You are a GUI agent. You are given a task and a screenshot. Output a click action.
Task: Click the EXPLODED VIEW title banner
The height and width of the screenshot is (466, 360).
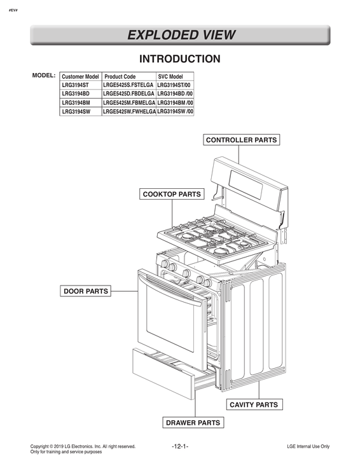[180, 35]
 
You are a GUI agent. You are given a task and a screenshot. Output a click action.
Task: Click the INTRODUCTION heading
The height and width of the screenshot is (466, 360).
[180, 59]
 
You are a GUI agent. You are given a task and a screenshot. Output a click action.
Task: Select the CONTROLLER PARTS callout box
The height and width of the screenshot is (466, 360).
[242, 140]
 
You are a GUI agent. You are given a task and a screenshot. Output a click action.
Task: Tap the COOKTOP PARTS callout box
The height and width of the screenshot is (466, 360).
[172, 194]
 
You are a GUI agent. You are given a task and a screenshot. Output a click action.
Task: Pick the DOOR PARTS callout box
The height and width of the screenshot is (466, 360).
[86, 291]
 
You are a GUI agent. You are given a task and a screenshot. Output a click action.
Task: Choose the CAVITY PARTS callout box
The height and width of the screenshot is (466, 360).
[253, 404]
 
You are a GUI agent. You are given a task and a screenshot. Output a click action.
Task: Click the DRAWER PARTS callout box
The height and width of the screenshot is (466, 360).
[193, 422]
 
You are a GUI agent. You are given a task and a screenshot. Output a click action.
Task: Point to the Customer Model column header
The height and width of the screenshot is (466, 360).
[80, 76]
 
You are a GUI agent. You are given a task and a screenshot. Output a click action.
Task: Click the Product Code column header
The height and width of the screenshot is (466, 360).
[120, 76]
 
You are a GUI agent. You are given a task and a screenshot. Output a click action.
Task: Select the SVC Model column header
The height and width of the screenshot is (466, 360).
[170, 76]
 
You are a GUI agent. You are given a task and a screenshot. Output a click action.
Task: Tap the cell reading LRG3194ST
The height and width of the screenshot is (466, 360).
[75, 85]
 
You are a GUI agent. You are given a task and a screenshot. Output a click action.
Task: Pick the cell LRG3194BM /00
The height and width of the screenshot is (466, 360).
[175, 102]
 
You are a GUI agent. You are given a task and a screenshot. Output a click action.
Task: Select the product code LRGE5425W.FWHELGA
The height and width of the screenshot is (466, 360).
[128, 111]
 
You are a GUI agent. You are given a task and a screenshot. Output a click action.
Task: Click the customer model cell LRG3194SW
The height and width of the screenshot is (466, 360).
[76, 111]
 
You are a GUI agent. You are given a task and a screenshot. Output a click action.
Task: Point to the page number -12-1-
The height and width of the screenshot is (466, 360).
[180, 447]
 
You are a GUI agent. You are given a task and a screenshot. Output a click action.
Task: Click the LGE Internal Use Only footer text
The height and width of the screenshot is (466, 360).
[308, 447]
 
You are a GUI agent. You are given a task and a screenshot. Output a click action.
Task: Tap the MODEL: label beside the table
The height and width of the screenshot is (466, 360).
[44, 76]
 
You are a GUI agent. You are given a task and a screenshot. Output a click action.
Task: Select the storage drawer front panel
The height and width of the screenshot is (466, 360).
[162, 372]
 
